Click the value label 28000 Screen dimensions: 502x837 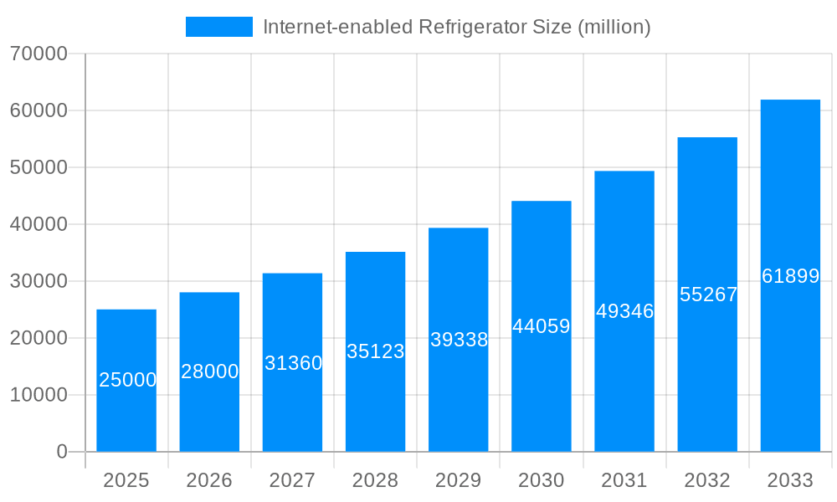[209, 371]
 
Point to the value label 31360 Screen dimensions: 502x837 [293, 363]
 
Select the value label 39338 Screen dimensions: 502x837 [459, 340]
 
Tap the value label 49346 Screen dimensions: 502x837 [624, 311]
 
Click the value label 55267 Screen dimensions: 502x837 [708, 295]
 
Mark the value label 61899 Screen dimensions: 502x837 [790, 276]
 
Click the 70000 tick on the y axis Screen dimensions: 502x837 [39, 54]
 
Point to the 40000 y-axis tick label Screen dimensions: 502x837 [39, 224]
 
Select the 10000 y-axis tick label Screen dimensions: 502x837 [39, 395]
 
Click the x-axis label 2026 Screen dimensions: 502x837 [209, 480]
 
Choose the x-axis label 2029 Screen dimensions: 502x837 [459, 480]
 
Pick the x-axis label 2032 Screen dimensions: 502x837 [707, 480]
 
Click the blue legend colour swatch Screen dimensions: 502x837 [218, 27]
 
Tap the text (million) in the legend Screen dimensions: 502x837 [614, 27]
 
